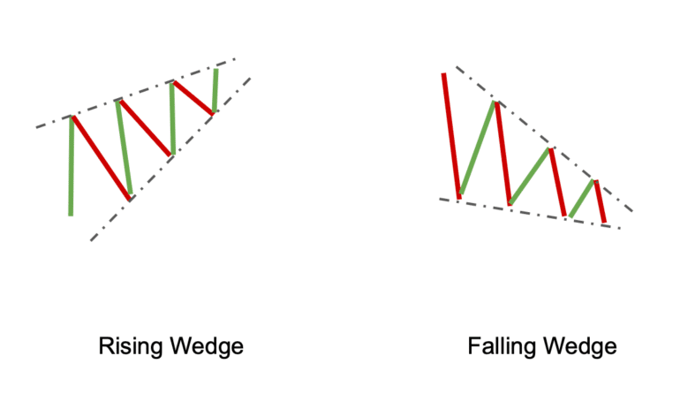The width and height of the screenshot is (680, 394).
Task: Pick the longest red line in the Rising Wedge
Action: coord(101,158)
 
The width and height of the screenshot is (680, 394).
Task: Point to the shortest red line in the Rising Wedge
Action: coord(193,97)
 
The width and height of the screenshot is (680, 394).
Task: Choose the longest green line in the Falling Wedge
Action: coord(478,148)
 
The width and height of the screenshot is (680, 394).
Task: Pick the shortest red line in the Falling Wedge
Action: coord(601,201)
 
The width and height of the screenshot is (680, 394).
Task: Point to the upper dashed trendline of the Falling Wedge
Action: coord(548,141)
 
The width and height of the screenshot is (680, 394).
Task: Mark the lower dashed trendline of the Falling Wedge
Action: coord(530,212)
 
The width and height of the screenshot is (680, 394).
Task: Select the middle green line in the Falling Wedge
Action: coord(530,177)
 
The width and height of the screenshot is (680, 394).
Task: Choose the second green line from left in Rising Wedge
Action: coord(124,147)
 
